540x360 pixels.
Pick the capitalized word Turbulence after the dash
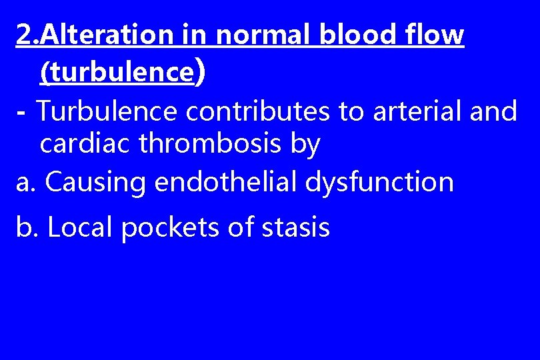click(106, 111)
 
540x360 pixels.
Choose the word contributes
click(257, 111)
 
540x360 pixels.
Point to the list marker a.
click(26, 182)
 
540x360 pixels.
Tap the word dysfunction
click(379, 182)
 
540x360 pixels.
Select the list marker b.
click(27, 227)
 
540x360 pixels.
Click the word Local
click(79, 227)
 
